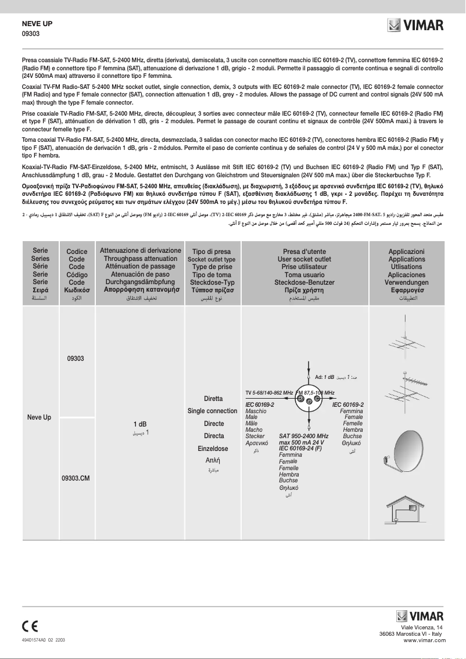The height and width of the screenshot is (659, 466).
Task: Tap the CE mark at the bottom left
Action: pyautogui.click(x=30, y=626)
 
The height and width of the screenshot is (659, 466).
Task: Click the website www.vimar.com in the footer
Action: pyautogui.click(x=424, y=640)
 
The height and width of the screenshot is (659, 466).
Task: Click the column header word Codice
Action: pyautogui.click(x=77, y=252)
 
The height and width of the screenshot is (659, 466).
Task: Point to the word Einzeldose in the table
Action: pyautogui.click(x=213, y=449)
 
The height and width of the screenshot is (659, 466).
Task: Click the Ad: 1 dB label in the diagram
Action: pyautogui.click(x=324, y=377)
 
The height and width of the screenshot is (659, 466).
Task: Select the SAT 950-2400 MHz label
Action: pyautogui.click(x=304, y=436)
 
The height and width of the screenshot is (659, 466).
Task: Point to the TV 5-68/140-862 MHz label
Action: pyautogui.click(x=269, y=393)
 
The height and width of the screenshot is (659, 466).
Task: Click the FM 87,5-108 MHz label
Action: pyautogui.click(x=316, y=393)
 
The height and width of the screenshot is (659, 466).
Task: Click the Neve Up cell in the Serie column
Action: pyautogui.click(x=39, y=417)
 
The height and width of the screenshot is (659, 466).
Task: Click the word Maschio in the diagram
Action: pyautogui.click(x=256, y=411)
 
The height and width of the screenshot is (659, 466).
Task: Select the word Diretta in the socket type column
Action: pyautogui.click(x=213, y=399)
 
